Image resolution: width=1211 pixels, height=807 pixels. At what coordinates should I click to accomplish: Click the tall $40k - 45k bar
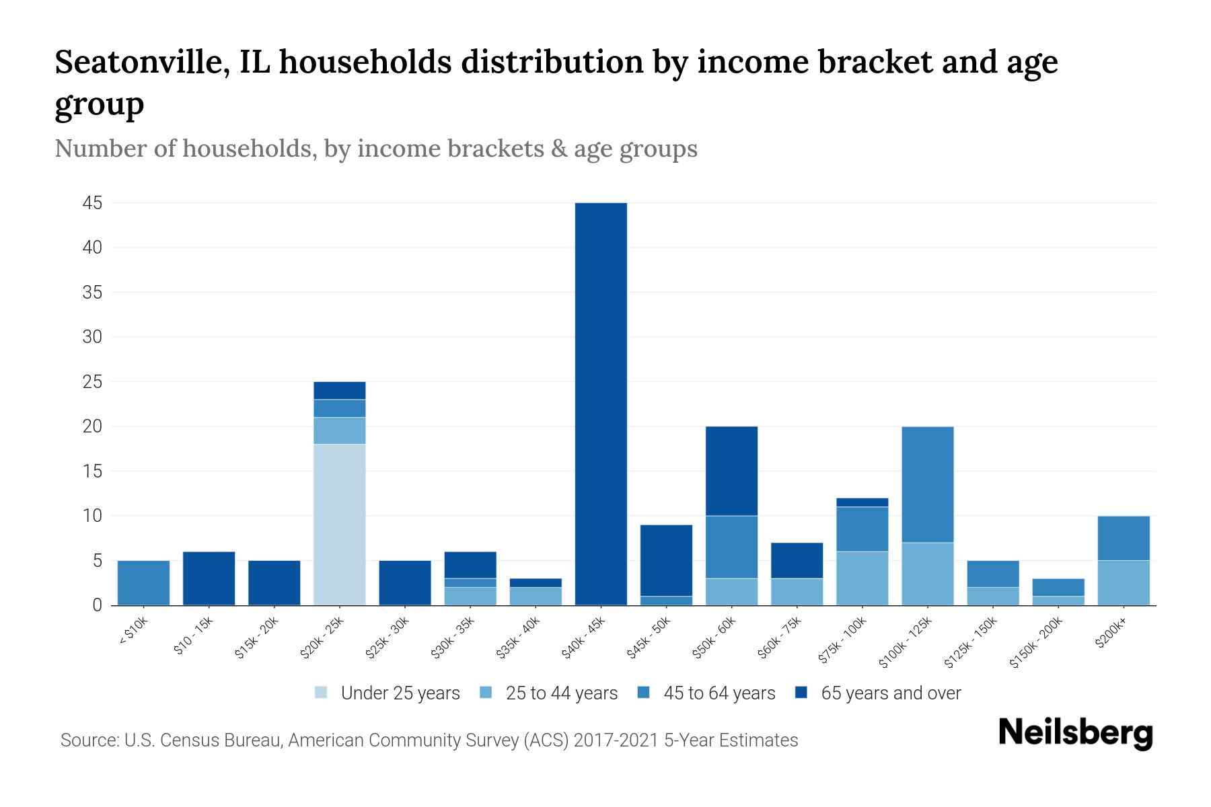(x=601, y=403)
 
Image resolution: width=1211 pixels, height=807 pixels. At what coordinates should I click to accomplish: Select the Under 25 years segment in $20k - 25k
(x=340, y=525)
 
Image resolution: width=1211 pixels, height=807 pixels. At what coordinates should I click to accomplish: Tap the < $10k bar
(x=143, y=582)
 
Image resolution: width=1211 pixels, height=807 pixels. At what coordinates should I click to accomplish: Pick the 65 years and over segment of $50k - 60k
(x=731, y=471)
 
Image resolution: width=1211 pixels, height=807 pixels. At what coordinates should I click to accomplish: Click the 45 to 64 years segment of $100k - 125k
(x=927, y=484)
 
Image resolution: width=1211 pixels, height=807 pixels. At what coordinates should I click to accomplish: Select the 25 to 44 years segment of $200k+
(x=1123, y=582)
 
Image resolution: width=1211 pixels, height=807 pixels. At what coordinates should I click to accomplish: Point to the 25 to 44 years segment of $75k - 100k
(x=862, y=578)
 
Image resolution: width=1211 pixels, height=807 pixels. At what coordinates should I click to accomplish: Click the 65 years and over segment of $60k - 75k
(x=797, y=560)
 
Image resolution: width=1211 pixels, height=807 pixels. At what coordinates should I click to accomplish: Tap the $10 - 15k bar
(x=209, y=578)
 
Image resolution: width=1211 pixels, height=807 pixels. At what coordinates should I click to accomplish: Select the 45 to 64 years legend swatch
(x=644, y=693)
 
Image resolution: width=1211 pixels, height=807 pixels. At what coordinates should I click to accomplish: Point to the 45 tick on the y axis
(x=92, y=203)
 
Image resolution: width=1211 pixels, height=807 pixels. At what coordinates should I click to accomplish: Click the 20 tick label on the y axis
(x=92, y=426)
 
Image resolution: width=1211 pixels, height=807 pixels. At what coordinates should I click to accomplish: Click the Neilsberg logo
(x=1075, y=732)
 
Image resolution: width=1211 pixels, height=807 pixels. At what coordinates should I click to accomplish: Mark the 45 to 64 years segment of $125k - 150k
(x=992, y=574)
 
